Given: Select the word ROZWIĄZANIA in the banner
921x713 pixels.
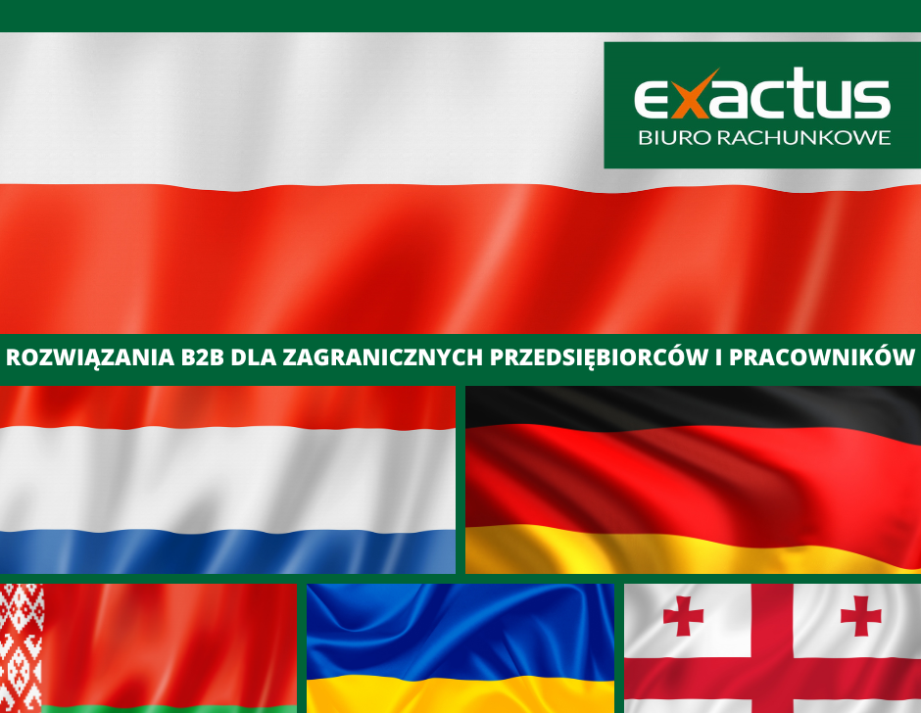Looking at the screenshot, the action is pyautogui.click(x=90, y=357).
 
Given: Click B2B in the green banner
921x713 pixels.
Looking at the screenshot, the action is pyautogui.click(x=203, y=357).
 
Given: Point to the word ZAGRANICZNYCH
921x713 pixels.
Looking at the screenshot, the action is pyautogui.click(x=383, y=357).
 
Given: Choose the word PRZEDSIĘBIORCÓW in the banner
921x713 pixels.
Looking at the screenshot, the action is pyautogui.click(x=599, y=357).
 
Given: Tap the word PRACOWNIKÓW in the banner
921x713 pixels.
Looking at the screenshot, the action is pyautogui.click(x=822, y=356).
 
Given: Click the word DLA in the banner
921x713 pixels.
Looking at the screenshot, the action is pyautogui.click(x=253, y=357).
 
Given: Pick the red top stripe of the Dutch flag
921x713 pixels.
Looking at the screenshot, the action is pyautogui.click(x=227, y=407).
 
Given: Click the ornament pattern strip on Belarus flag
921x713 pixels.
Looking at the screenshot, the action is pyautogui.click(x=22, y=648).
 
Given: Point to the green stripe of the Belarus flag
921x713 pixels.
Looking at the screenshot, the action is pyautogui.click(x=170, y=708).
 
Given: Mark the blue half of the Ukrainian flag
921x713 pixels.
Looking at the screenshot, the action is pyautogui.click(x=460, y=630).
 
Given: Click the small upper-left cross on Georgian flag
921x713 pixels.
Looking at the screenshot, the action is pyautogui.click(x=683, y=615).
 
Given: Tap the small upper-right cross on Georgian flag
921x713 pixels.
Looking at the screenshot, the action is pyautogui.click(x=860, y=616).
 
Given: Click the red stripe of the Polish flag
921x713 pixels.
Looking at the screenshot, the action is pyautogui.click(x=460, y=260).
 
